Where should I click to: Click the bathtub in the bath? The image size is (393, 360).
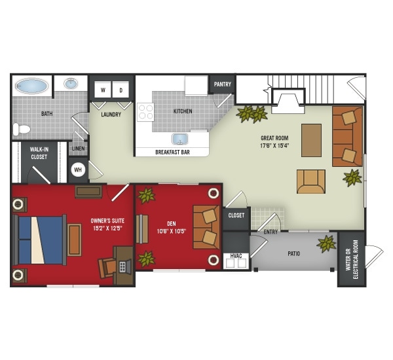31,86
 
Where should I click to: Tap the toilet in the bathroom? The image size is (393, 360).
22,129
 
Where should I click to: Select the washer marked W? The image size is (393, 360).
103,90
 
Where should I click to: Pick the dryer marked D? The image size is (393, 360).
121,90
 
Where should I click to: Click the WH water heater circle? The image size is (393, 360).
78,170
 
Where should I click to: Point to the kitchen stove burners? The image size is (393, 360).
145,112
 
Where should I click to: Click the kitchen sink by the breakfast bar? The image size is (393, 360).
179,139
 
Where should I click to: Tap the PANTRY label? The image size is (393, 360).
223,84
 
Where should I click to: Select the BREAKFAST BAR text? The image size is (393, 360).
172,152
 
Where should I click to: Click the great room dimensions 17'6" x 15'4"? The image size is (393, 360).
275,145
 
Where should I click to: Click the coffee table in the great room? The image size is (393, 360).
311,140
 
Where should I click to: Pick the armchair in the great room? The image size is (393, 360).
311,181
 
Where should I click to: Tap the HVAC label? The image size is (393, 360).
236,256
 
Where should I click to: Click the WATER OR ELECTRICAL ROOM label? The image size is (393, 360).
352,259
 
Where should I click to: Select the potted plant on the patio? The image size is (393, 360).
326,243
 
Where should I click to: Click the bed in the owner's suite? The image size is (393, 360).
40,240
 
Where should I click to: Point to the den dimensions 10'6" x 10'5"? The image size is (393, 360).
172,231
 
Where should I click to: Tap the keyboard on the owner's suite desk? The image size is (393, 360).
122,267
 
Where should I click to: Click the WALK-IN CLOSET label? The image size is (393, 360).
39,153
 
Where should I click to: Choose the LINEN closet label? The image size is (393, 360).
78,149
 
